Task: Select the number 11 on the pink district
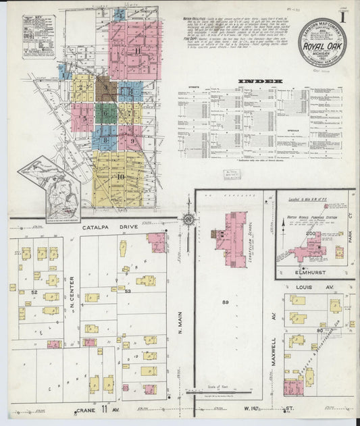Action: [137, 51]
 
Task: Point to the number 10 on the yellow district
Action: [122, 177]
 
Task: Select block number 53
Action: [127, 291]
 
